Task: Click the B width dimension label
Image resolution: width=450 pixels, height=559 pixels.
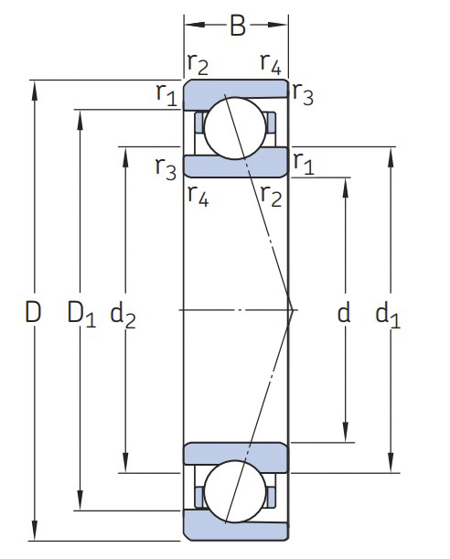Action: [238, 26]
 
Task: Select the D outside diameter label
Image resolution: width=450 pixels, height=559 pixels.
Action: [33, 312]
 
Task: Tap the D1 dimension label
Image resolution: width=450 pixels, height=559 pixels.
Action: [81, 314]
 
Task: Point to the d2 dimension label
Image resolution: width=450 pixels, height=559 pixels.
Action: [123, 314]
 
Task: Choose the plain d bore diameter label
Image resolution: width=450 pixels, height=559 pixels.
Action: [344, 311]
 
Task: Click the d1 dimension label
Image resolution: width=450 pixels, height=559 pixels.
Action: [388, 314]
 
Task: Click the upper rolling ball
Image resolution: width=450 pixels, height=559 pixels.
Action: [235, 128]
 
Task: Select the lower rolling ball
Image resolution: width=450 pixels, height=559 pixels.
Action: [235, 491]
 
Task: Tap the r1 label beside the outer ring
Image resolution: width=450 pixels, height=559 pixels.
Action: [166, 95]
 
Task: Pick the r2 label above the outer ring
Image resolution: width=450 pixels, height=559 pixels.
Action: [198, 64]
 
